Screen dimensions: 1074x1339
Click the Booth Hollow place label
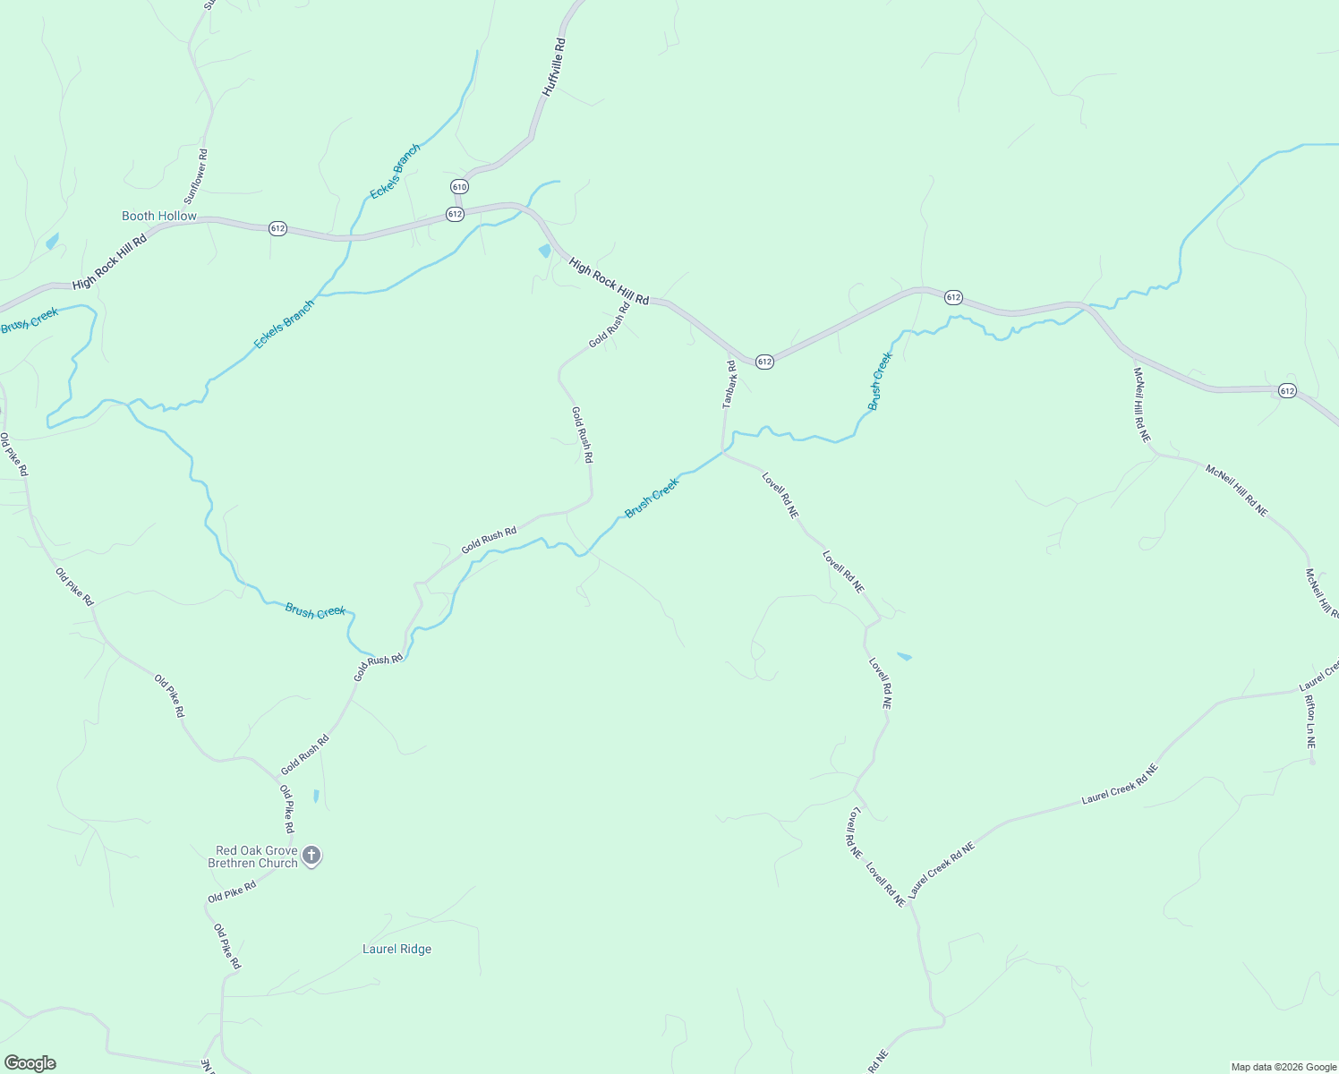pos(159,216)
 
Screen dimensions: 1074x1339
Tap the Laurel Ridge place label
pos(397,949)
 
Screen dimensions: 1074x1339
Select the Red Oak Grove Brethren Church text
pos(252,857)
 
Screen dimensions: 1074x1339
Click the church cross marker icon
pos(311,856)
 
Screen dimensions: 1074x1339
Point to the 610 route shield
pos(459,186)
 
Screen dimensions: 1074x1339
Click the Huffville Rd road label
pos(554,67)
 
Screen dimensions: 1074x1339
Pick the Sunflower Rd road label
pos(196,175)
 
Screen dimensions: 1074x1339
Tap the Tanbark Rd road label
pos(729,384)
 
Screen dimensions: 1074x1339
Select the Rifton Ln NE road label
pos(1310,721)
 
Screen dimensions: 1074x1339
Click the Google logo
pos(30,1063)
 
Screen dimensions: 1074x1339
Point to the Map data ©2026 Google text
pos(1283,1067)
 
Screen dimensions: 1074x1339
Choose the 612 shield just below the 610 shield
pos(455,214)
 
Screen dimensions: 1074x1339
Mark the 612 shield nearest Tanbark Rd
pos(763,362)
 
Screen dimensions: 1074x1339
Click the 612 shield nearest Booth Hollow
pos(277,228)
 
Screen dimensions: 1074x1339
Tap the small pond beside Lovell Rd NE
pos(904,657)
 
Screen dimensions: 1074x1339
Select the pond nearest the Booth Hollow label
pos(52,241)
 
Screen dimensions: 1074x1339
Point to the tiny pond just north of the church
pos(316,795)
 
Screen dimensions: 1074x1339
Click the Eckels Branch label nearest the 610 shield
pos(395,172)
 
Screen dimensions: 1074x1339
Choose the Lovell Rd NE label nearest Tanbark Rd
pos(780,495)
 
